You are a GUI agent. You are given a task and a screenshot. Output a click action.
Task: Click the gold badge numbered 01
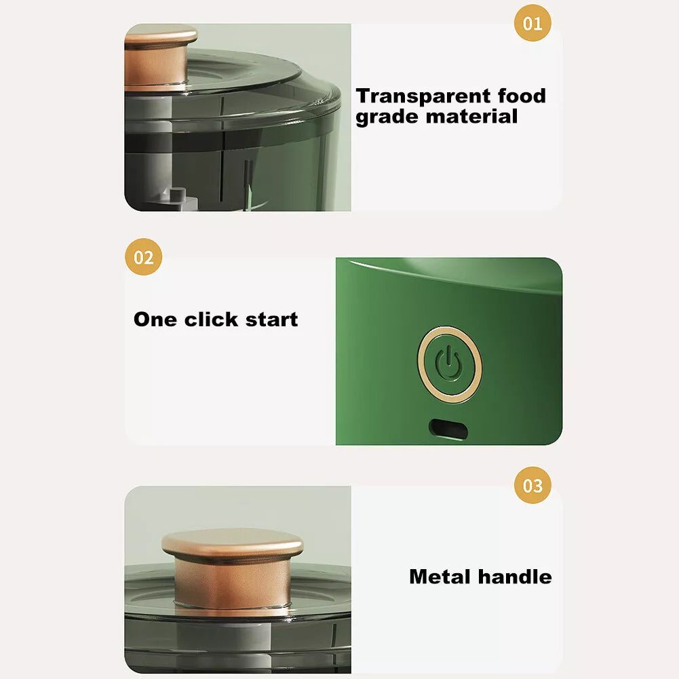click(x=532, y=23)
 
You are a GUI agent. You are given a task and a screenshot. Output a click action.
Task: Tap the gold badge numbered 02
click(x=144, y=258)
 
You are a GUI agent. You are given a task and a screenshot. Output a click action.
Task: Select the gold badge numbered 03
click(x=532, y=486)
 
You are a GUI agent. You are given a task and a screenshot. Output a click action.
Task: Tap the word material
click(x=471, y=116)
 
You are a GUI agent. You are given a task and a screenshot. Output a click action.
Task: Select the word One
click(x=156, y=319)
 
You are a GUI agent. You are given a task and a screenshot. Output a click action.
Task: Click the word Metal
click(x=442, y=577)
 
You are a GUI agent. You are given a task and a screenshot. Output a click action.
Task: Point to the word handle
click(x=515, y=577)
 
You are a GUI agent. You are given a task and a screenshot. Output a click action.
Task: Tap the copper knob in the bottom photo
click(x=232, y=566)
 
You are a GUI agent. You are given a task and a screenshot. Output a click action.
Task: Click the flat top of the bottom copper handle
click(x=232, y=543)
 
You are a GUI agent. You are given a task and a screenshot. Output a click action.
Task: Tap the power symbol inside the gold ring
click(x=449, y=365)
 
